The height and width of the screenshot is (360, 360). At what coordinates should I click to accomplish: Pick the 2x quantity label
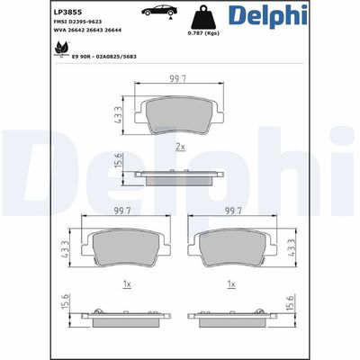pos(180,146)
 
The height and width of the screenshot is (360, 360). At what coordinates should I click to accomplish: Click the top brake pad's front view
pos(180,115)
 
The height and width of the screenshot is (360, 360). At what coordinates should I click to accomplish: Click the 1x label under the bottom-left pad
pos(127,284)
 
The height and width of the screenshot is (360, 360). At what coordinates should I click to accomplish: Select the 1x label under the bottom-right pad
pos(233,284)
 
